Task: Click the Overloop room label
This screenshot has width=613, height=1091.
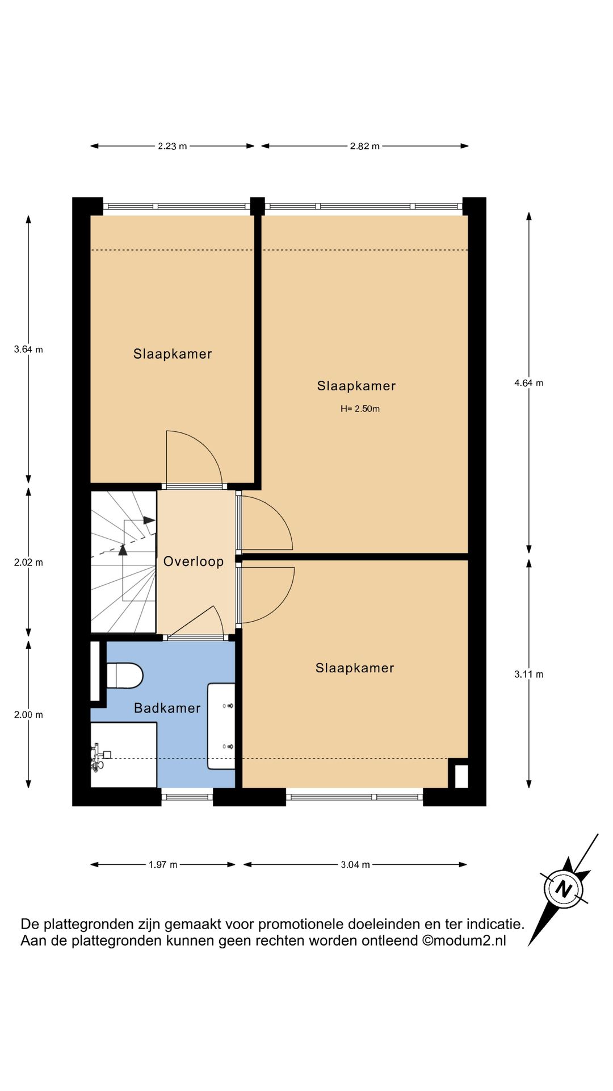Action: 194,562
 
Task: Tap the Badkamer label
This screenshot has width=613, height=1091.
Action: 167,708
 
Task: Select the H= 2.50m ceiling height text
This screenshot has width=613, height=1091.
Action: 360,409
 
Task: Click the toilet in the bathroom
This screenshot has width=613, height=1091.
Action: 124,676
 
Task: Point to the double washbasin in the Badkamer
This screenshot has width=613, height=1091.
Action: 221,726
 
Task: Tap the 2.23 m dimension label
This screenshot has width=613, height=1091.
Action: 173,146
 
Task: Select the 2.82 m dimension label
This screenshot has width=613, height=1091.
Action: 364,146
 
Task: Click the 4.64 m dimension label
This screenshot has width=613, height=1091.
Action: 529,383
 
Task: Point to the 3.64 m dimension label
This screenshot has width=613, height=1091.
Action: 28,349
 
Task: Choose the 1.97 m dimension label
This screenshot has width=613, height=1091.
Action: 163,865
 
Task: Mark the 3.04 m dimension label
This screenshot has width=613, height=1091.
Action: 355,865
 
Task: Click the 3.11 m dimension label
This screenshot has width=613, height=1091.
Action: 529,674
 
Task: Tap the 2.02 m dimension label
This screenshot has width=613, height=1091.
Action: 28,563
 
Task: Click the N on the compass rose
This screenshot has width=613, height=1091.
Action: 563,889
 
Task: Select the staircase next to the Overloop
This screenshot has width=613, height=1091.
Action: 124,562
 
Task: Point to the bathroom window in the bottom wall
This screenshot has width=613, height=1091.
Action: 187,797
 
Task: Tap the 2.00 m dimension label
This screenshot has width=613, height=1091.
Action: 28,715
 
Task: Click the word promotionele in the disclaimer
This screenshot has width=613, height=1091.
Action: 303,925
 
